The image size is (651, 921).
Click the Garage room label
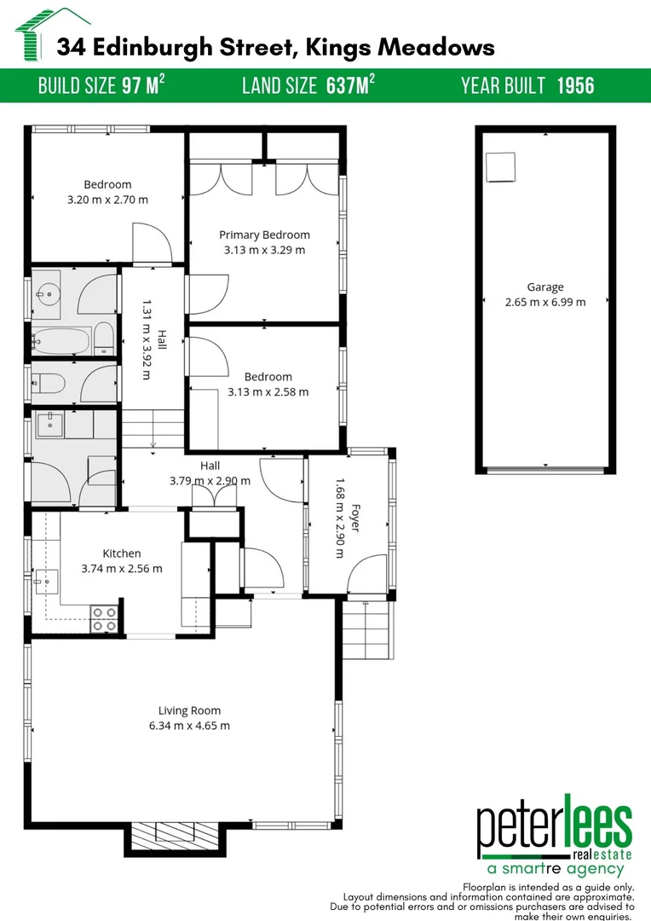544,287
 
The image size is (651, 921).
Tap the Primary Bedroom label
264,235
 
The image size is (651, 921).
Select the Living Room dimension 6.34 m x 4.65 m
189,726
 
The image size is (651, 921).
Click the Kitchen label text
122,553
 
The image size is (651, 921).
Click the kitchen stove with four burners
104,617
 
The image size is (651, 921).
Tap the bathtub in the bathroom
59,340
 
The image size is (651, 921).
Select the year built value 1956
575,85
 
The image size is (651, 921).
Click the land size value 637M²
350,85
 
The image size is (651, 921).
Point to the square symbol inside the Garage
500,167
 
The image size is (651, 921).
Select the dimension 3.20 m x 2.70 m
107,200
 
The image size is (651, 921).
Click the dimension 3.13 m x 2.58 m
268,392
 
